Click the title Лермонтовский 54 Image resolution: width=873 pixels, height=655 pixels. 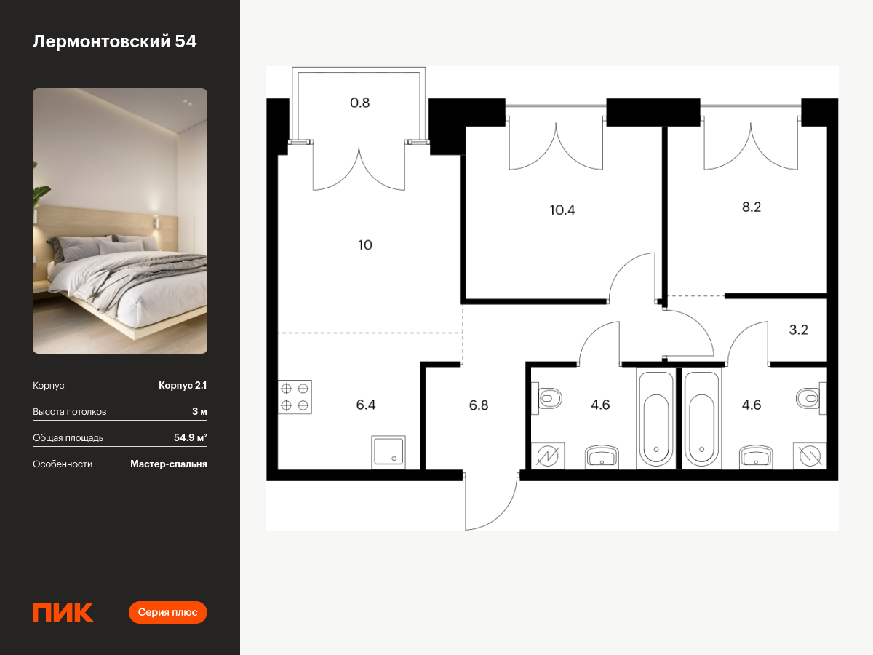tap(114, 41)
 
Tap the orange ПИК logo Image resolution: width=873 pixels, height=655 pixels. tap(63, 613)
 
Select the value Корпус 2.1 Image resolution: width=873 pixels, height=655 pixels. tap(183, 385)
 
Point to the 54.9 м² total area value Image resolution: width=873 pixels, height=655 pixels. tap(190, 437)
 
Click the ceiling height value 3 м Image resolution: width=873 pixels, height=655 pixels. tap(199, 411)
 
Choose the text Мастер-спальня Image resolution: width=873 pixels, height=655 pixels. tap(169, 464)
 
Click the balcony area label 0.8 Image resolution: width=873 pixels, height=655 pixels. tap(359, 103)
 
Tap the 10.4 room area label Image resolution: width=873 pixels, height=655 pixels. tap(562, 210)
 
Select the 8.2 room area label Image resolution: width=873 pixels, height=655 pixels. tap(752, 207)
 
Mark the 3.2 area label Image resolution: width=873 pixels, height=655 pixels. tap(798, 330)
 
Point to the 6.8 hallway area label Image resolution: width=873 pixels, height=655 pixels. tap(479, 405)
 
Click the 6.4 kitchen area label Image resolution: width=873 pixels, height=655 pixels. tap(365, 405)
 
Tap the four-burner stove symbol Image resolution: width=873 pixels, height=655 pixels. tap(295, 397)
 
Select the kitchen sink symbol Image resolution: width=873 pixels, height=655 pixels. tap(388, 452)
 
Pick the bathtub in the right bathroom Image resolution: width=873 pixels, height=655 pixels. tap(701, 418)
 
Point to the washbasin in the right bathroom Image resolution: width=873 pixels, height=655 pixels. tap(756, 456)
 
